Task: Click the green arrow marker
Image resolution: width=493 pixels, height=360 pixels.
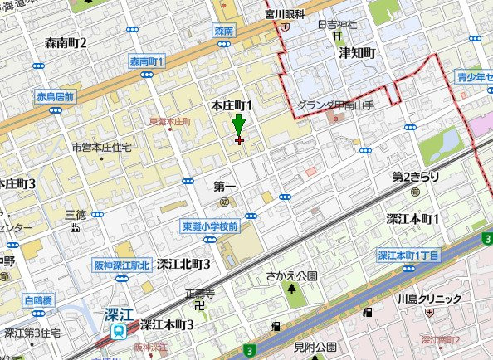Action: pos(239,128)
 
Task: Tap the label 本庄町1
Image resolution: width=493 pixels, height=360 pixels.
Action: pos(232,105)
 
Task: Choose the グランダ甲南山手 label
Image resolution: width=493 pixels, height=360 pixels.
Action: pos(337,105)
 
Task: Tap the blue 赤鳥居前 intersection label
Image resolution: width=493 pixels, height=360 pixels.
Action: pos(55,97)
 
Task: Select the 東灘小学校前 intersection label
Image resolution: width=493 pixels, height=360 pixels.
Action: pos(211,226)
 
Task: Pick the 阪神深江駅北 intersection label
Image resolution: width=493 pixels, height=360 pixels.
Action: pos(121,265)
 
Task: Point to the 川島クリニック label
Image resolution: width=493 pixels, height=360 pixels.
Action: pos(428,299)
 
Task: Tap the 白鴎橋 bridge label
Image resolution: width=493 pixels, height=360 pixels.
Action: pos(38,300)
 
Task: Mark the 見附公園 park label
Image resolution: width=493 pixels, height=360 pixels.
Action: pos(315,346)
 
